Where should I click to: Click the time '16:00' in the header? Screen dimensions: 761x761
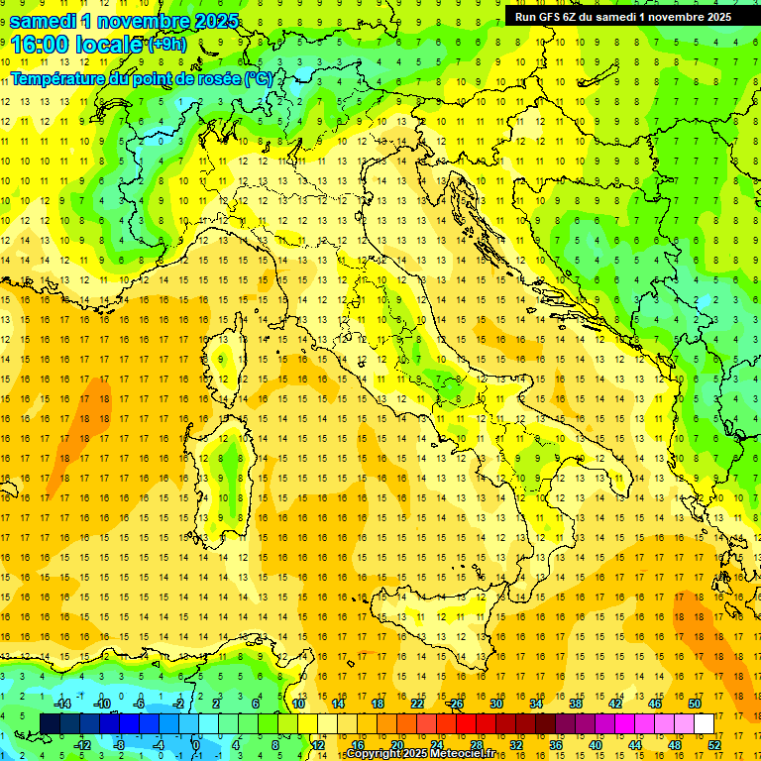click(41, 45)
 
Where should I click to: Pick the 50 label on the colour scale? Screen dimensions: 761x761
click(695, 704)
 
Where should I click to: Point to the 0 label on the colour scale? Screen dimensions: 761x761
click(194, 745)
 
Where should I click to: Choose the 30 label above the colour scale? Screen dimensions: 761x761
click(495, 704)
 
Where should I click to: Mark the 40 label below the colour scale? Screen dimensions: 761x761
click(596, 745)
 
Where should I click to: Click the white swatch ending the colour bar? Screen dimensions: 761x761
click(705, 724)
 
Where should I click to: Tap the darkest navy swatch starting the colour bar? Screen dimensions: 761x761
click(50, 724)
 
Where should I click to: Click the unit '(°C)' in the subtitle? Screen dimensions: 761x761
click(258, 78)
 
